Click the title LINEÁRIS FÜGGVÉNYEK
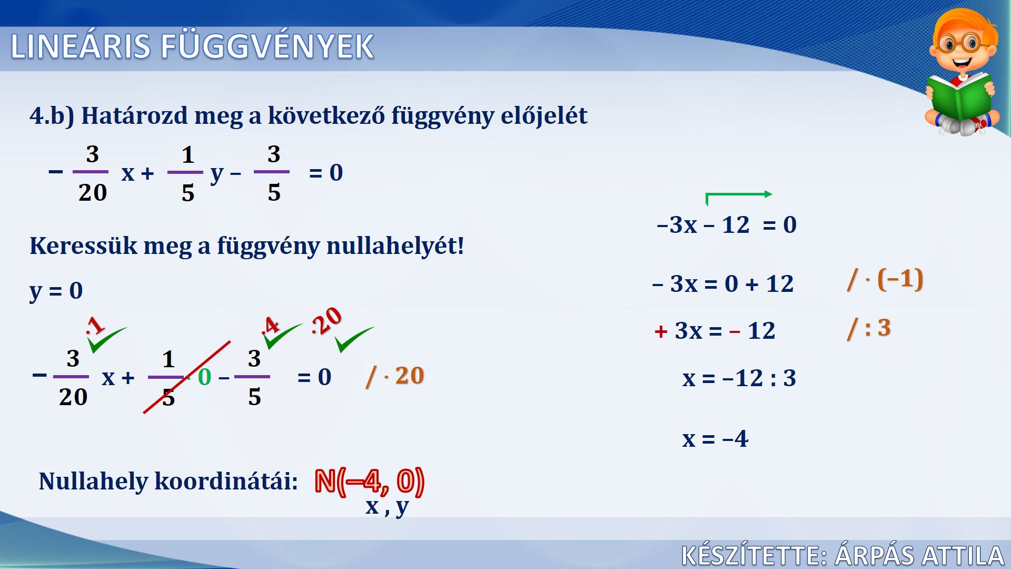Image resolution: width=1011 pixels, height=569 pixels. tap(192, 46)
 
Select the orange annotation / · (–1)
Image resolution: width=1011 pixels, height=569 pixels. tap(885, 279)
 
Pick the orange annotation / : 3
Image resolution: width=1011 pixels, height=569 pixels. tap(869, 329)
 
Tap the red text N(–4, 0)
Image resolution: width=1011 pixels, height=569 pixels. tap(369, 482)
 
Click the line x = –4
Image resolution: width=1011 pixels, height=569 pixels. tap(715, 438)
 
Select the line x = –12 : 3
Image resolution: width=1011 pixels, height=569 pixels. tap(739, 378)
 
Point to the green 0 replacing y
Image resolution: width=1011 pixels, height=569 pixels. tap(204, 377)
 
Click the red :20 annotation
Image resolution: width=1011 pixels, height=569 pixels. tap(326, 321)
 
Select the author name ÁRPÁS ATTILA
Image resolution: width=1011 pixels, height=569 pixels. tap(919, 555)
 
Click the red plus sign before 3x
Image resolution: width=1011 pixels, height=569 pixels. tap(661, 331)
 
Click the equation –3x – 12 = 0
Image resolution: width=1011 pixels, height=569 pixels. tap(727, 225)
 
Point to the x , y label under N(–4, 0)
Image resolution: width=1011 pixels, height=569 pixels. tap(387, 507)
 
